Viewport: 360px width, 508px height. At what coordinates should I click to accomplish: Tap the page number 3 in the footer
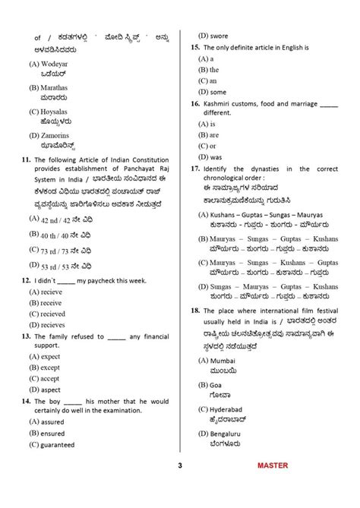click(x=180, y=487)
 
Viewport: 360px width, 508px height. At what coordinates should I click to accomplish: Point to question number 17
click(x=194, y=169)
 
